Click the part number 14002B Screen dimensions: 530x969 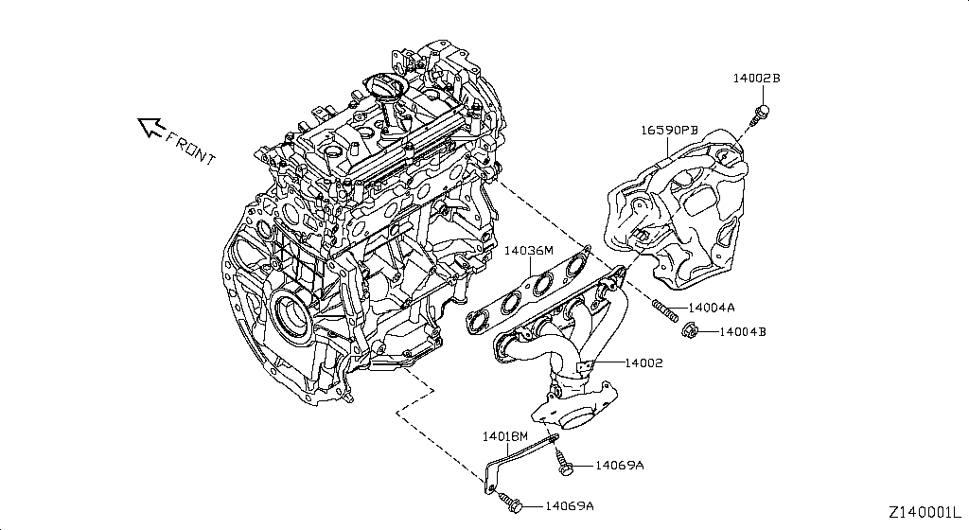click(x=755, y=79)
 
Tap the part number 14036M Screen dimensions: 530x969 click(x=528, y=251)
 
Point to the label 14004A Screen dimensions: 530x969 click(x=713, y=308)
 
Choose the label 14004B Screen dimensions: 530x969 click(x=743, y=332)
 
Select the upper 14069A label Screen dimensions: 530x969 click(x=619, y=465)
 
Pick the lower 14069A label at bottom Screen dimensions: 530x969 click(x=569, y=506)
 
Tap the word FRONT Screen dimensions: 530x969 click(x=190, y=147)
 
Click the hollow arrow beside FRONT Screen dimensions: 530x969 click(x=150, y=126)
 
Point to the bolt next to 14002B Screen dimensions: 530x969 click(x=759, y=115)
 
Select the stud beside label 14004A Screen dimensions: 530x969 click(x=661, y=307)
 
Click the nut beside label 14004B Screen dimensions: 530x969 click(x=690, y=330)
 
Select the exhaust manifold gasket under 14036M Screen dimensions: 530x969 click(x=530, y=291)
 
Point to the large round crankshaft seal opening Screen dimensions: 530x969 click(x=288, y=317)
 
